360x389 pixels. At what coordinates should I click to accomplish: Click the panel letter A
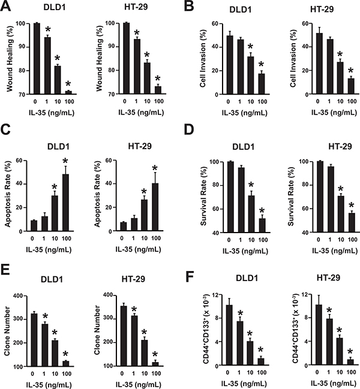[7, 8]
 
